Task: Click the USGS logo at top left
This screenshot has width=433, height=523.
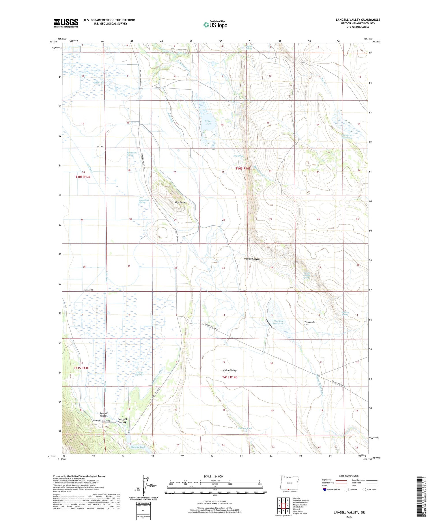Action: coord(66,23)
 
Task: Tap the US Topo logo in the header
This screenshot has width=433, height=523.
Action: coord(215,25)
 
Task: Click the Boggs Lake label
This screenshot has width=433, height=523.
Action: coord(208,122)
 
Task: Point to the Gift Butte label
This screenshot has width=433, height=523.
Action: coord(180,202)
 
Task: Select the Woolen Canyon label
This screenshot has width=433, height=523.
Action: coord(252,259)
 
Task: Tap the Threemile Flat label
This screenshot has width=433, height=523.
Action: coord(309,323)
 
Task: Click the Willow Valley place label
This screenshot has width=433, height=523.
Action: coord(229,370)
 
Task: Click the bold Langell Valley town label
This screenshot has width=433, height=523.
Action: coord(122,421)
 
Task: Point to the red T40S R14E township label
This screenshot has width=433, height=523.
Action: coord(243,168)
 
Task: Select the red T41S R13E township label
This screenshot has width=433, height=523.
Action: coord(81,368)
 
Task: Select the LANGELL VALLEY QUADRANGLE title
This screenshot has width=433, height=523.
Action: coord(358,20)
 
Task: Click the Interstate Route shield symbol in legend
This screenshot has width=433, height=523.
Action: coord(324,490)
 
